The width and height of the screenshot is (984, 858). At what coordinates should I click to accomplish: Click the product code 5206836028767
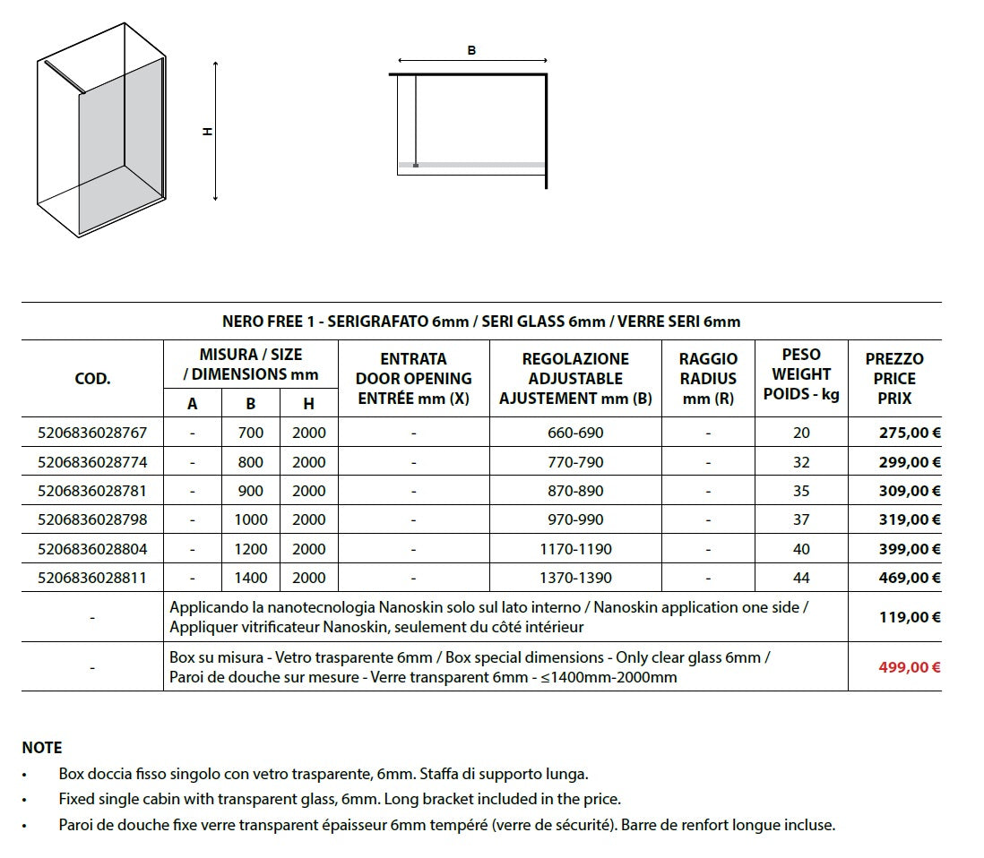pos(92,433)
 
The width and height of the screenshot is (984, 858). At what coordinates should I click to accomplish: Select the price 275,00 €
pos(910,433)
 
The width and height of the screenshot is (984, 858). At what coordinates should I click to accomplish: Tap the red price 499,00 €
pos(910,667)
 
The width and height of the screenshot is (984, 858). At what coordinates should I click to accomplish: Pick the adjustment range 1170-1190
pos(575,549)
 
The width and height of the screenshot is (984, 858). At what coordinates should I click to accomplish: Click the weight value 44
pos(801,578)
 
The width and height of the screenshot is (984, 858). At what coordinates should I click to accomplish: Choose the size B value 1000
pos(251,519)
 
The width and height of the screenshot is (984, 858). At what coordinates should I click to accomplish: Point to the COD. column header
pos(92,378)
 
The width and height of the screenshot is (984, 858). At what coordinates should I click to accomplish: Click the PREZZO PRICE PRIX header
pos(894,378)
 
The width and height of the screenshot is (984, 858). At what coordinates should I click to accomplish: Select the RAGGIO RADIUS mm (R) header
pos(708,378)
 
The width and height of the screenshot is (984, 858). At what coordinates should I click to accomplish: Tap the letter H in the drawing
pos(207,132)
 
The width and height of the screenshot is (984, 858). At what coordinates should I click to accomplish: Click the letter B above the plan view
pos(472,51)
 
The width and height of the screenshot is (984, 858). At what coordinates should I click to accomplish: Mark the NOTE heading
pos(42,747)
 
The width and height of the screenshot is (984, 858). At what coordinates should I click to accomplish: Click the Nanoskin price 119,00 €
pos(910,617)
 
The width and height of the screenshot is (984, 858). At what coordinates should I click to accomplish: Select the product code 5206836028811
pos(92,578)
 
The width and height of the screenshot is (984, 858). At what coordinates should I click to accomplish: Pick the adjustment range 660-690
pos(575,433)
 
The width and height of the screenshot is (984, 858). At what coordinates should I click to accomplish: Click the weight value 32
pos(801,462)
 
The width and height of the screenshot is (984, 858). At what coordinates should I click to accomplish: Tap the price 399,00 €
pos(910,549)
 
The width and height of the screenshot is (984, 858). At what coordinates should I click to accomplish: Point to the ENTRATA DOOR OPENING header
pos(413,378)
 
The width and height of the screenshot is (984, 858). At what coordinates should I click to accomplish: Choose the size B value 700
pos(251,433)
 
